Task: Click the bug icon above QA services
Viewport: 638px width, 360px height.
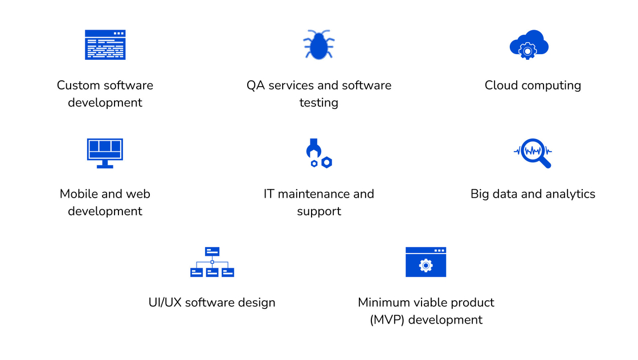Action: (x=318, y=45)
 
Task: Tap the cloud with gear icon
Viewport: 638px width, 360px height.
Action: (x=529, y=45)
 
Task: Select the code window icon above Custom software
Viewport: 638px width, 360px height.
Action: (x=105, y=45)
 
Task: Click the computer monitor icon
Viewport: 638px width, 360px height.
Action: (x=105, y=153)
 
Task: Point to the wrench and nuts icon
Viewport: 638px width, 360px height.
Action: (x=319, y=153)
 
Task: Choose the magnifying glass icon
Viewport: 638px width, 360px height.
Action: (x=533, y=153)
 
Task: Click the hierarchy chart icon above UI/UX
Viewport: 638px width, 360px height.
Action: (x=212, y=262)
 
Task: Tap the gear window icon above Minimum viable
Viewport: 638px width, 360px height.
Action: (x=426, y=262)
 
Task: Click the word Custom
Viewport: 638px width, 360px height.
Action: (x=77, y=85)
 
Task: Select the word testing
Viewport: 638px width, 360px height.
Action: (x=318, y=103)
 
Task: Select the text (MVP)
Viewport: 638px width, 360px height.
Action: (x=387, y=320)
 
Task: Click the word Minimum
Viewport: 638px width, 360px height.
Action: (x=384, y=302)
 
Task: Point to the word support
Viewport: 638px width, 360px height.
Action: (x=319, y=211)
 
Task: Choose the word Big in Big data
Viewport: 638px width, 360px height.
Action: (x=480, y=194)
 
